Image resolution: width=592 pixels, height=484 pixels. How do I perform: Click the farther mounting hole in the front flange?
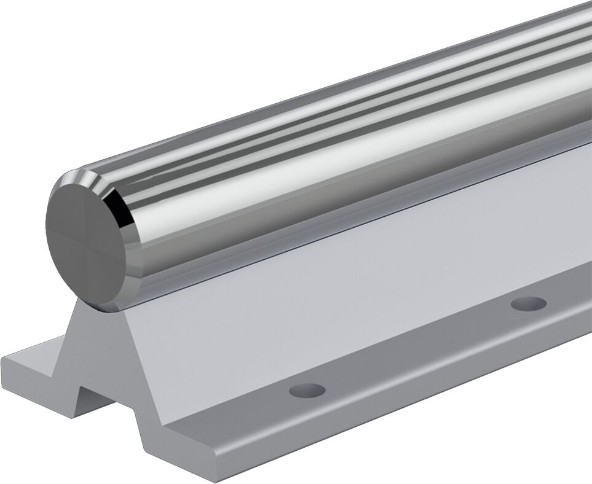coord(529,303)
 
